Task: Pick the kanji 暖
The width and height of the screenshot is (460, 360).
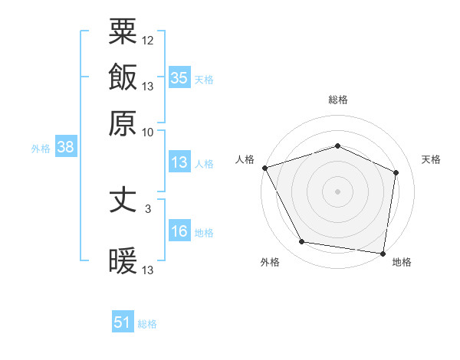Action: (123, 261)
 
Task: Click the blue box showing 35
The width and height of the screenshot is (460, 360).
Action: (179, 77)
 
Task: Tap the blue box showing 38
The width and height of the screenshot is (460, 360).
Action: (65, 148)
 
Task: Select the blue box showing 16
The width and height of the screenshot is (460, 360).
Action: (179, 231)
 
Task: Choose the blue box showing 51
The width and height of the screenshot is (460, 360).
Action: (123, 322)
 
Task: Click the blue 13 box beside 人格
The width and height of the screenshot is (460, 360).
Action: (179, 162)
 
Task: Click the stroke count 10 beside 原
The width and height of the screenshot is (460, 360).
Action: (148, 132)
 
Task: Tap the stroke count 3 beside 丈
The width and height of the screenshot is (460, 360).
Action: (148, 208)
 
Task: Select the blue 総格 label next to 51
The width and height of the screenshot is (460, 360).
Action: (147, 324)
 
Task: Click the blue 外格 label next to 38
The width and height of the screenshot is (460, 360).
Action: (41, 149)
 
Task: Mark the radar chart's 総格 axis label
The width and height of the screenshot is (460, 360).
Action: (337, 100)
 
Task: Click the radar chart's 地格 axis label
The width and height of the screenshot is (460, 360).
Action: (402, 262)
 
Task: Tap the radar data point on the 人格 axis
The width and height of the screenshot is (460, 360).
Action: (264, 168)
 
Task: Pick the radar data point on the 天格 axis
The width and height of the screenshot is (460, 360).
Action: (396, 172)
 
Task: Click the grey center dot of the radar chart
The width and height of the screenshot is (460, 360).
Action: (337, 191)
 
